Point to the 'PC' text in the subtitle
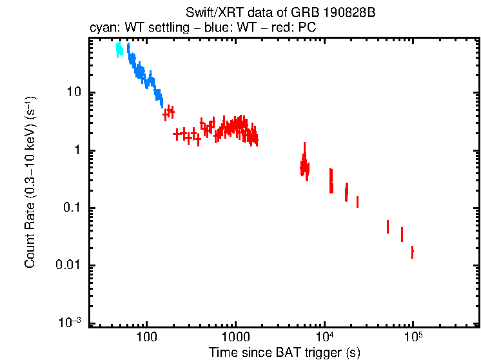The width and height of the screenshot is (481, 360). tap(306, 29)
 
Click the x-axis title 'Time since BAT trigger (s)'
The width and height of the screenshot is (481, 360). tap(284, 352)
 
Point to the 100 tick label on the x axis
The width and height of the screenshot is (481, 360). tap(147, 337)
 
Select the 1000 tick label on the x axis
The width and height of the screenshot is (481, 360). tap(235, 337)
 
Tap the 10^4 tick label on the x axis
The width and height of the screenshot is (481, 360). tap(324, 336)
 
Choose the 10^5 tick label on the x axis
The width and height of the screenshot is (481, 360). tap(413, 336)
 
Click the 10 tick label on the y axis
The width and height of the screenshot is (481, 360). tap(74, 92)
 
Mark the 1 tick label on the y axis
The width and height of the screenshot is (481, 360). tap(78, 150)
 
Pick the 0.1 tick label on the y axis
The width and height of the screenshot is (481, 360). tap(72, 208)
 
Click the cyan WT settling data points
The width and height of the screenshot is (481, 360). tap(119, 49)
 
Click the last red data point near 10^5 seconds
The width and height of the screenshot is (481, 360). tap(412, 252)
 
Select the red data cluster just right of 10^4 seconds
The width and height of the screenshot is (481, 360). tap(331, 181)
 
